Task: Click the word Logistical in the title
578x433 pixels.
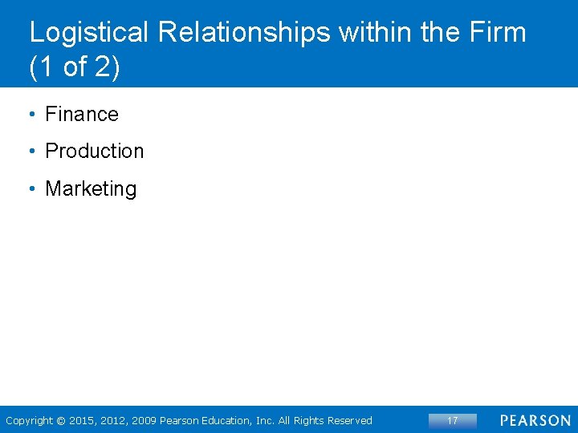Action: click(89, 33)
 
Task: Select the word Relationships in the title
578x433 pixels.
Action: click(244, 33)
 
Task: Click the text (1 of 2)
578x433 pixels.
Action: click(74, 68)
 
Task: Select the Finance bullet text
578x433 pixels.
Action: click(81, 115)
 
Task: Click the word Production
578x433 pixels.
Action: click(94, 152)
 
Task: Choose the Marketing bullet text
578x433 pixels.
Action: click(91, 189)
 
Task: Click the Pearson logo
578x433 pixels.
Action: click(535, 420)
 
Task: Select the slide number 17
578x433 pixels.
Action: click(452, 420)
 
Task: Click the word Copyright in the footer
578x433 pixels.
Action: click(29, 420)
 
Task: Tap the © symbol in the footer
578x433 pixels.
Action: click(62, 420)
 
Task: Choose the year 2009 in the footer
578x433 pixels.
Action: click(143, 420)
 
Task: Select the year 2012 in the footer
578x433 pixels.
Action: click(114, 420)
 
